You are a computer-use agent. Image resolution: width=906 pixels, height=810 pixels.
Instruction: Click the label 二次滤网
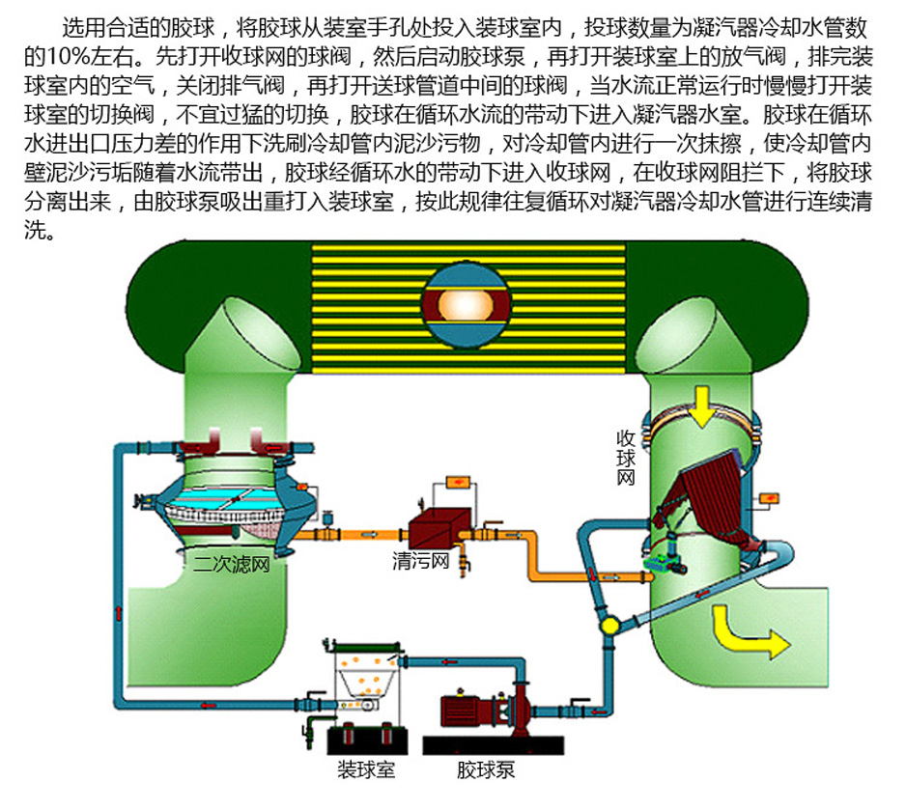click(231, 564)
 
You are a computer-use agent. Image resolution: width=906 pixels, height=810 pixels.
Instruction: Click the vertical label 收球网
click(626, 456)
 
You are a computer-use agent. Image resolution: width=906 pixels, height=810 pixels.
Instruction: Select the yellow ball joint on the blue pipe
click(609, 625)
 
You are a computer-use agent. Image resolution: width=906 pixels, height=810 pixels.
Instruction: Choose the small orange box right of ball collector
click(770, 498)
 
